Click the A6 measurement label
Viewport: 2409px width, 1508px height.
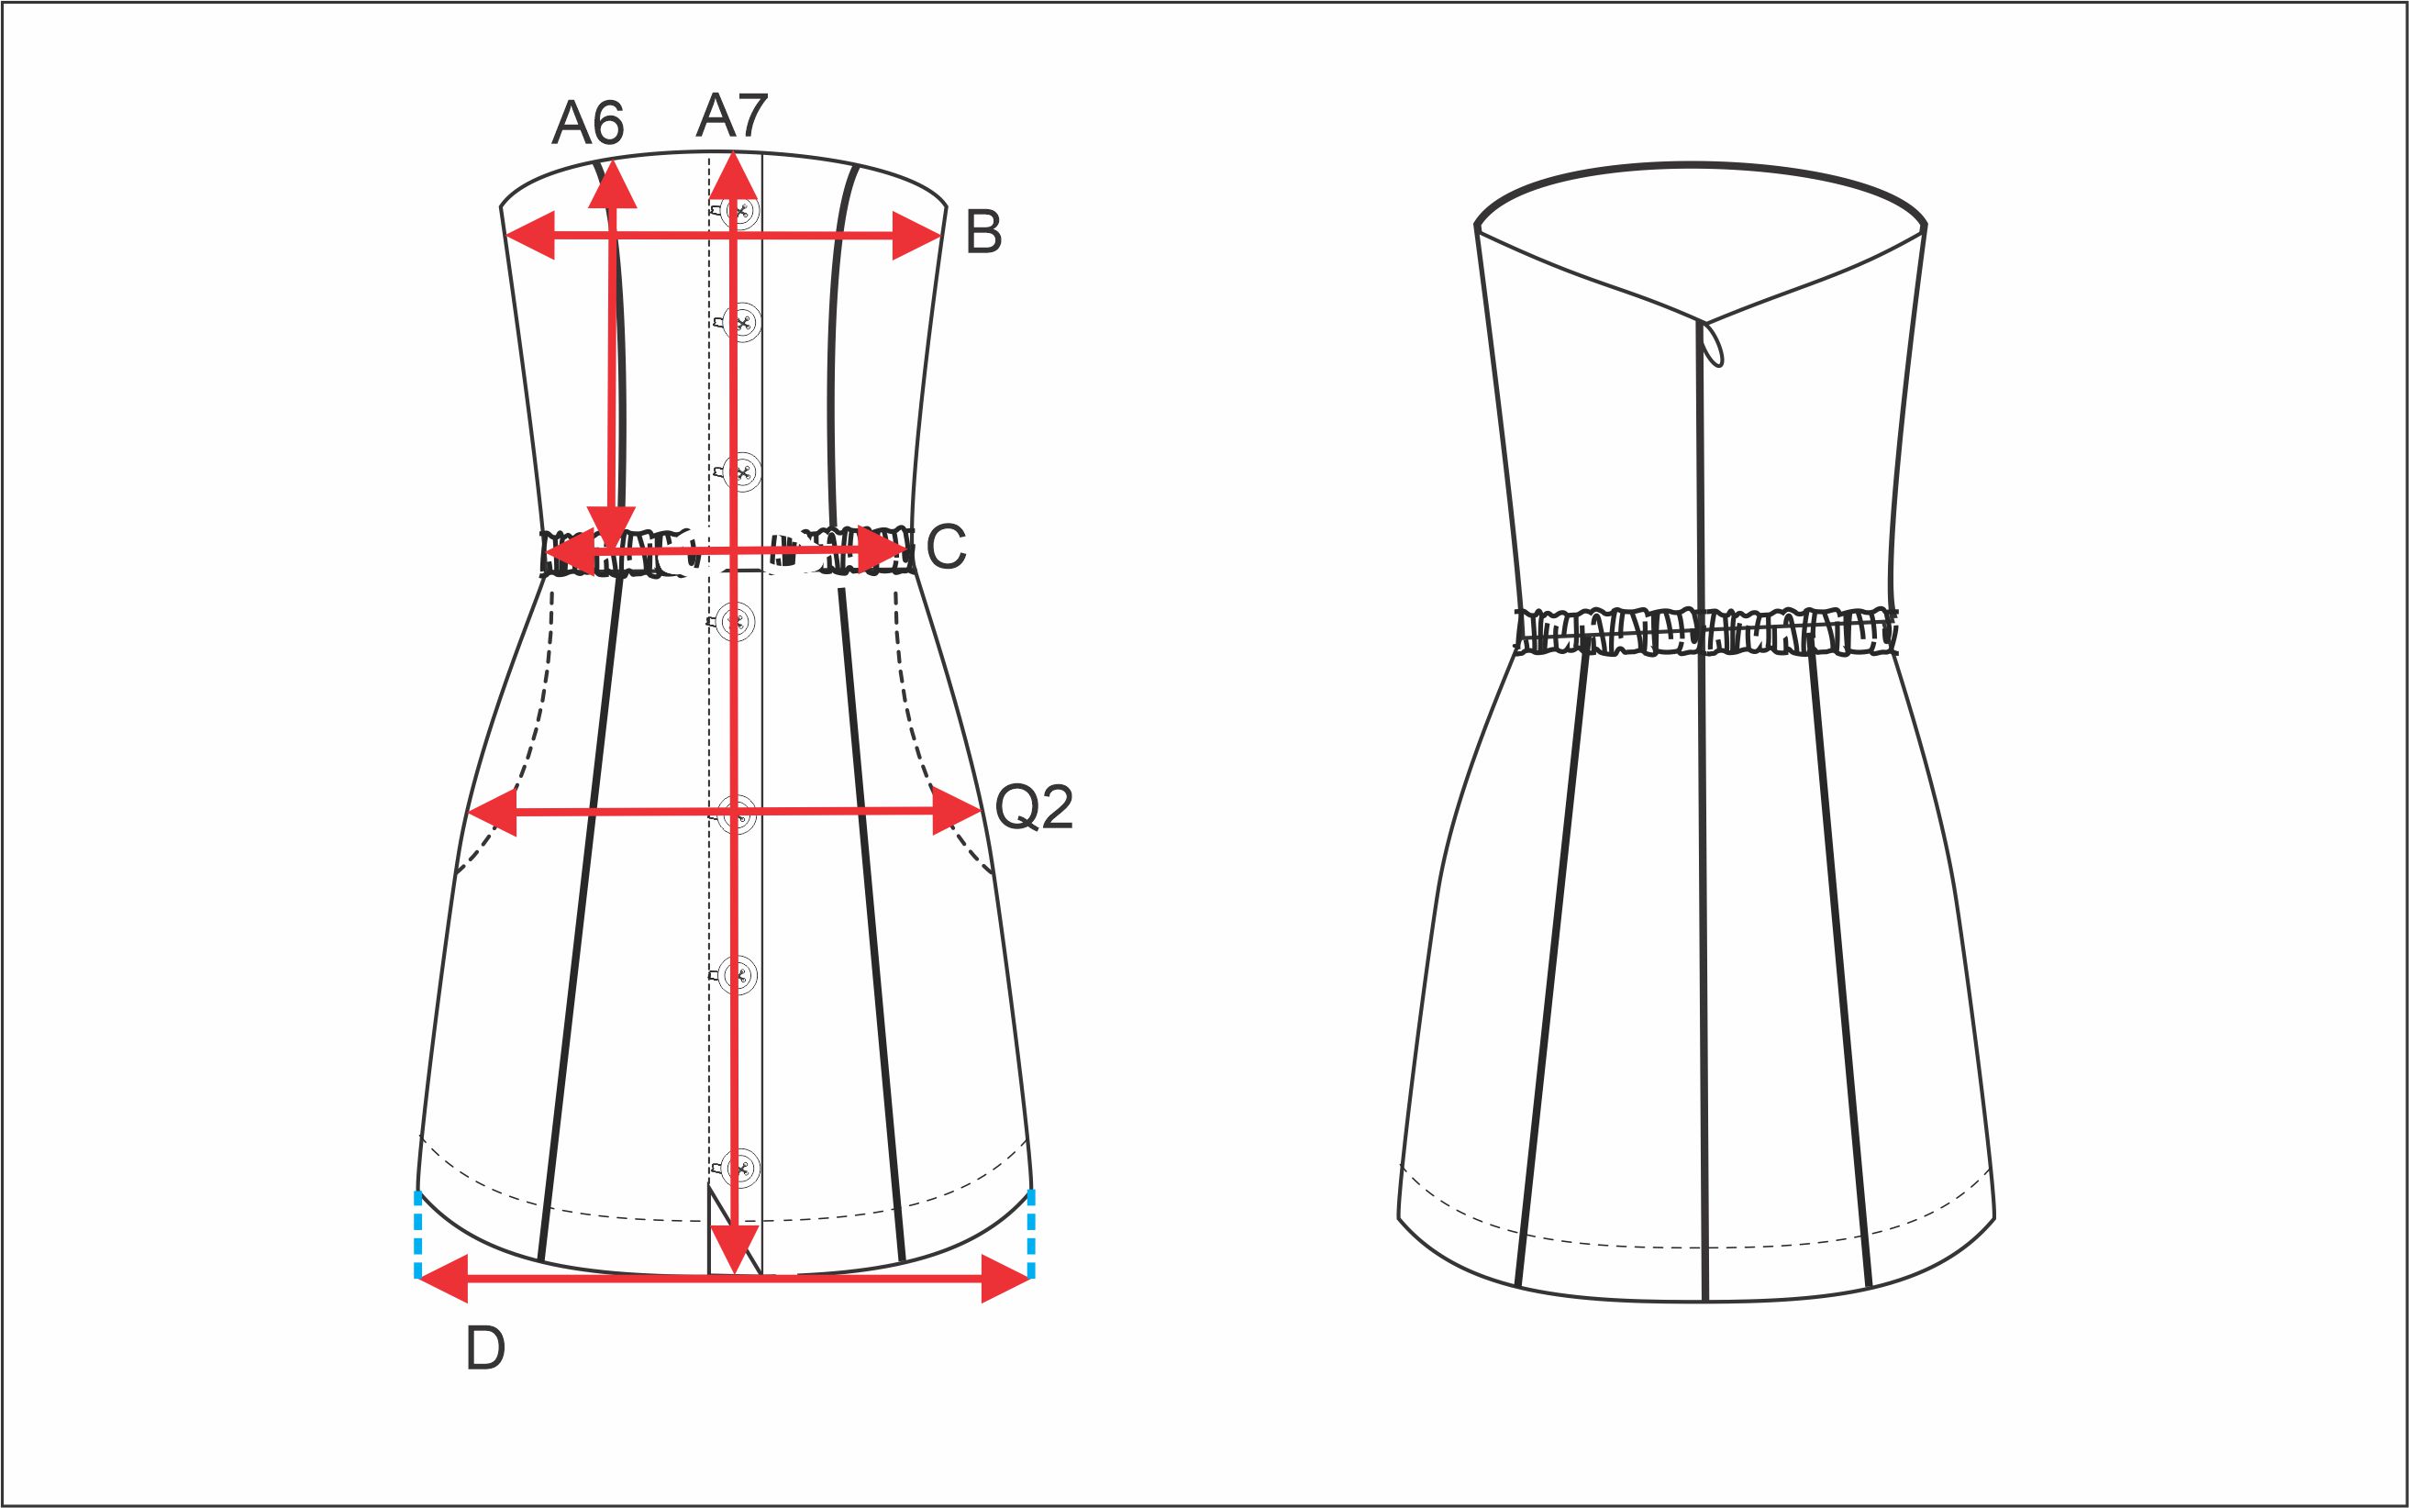pos(587,124)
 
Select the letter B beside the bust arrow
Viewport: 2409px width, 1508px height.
pos(983,232)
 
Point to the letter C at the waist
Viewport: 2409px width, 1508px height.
pos(946,547)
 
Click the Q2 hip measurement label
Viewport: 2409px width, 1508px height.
pos(1035,807)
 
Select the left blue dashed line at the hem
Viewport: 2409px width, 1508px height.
pos(418,1234)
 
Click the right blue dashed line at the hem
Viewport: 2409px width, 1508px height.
pos(1030,1234)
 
